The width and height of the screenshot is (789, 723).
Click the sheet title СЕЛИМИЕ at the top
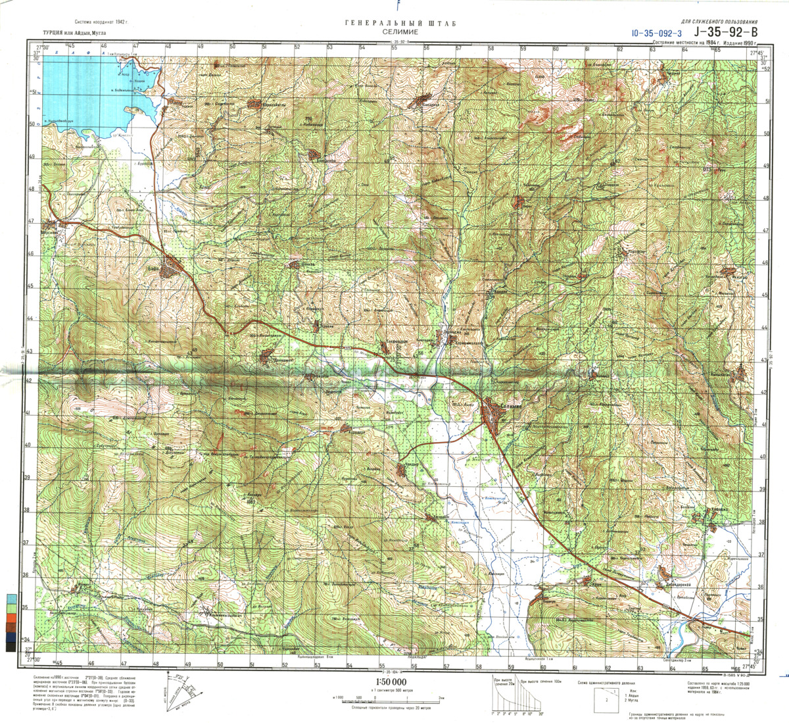(x=394, y=31)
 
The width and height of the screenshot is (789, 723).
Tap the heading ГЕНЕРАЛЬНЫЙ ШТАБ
(x=394, y=24)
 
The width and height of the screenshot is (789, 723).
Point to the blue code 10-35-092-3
(x=656, y=32)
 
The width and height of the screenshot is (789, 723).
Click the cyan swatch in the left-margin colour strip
(x=11, y=599)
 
